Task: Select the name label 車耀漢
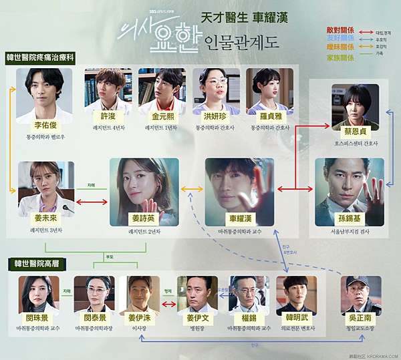click(x=239, y=218)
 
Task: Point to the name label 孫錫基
click(x=350, y=218)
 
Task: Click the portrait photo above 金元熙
click(x=157, y=88)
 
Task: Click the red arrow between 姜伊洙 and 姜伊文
click(x=168, y=305)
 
